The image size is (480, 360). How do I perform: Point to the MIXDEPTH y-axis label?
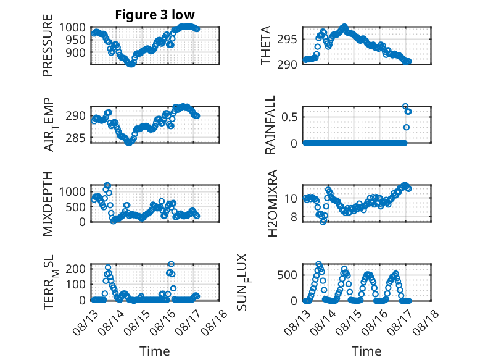(x=48, y=204)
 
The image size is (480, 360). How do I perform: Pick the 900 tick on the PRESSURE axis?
(x=78, y=52)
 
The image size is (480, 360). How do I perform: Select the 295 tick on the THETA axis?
(x=291, y=40)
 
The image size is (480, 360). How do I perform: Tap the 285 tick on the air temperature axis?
(x=78, y=138)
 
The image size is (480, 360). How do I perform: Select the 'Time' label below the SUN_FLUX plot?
(x=366, y=351)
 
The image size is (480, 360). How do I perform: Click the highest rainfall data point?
(x=405, y=107)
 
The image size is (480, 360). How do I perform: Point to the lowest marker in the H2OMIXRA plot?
(x=323, y=222)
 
